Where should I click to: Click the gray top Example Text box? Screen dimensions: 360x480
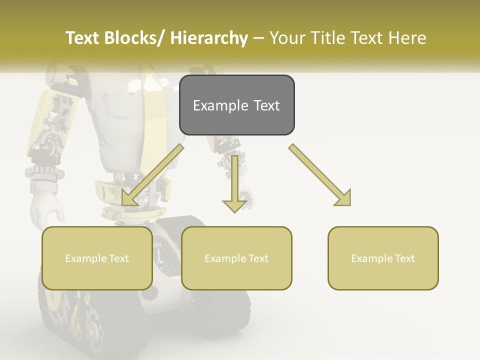236,105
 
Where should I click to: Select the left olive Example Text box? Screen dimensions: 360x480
97,258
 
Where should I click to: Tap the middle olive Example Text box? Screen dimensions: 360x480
236,258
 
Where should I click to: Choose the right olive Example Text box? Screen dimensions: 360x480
383,258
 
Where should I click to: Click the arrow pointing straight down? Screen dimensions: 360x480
234,182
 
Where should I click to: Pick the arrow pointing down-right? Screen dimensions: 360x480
320,174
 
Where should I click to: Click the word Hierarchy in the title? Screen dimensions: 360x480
209,38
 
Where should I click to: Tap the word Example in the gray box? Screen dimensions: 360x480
220,105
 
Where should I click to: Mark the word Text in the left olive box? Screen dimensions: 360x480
118,258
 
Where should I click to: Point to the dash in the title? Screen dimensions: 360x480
258,38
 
